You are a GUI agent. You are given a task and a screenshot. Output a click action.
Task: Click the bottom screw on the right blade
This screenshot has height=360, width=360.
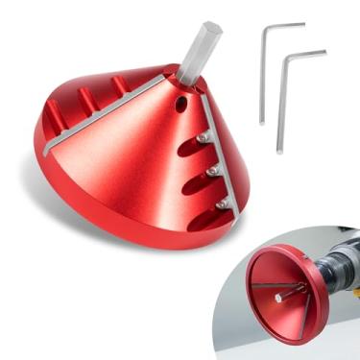pos(220,204)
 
